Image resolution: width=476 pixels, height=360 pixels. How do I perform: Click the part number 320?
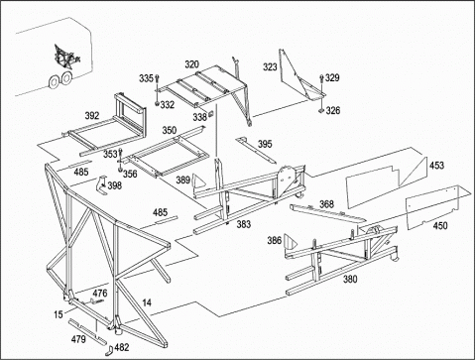191,64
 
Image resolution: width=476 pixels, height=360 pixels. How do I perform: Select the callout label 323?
270,67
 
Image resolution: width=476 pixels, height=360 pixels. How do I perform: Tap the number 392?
92,116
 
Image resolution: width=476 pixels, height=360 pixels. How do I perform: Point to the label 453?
436,165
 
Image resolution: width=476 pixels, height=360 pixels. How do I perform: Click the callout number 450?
440,226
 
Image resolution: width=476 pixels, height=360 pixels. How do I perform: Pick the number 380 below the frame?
350,280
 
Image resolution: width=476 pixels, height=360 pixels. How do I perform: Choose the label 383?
244,224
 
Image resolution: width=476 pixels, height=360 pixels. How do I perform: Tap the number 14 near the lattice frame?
147,302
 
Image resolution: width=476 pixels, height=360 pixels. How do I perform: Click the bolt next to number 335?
157,83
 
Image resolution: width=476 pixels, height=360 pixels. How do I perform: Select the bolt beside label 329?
321,84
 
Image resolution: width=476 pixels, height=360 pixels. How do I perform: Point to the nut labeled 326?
321,111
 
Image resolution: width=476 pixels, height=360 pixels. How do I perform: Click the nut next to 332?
157,104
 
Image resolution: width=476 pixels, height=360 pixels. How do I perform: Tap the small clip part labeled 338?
210,115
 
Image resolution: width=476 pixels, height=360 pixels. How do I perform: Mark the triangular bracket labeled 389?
197,181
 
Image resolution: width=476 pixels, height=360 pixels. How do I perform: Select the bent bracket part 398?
102,186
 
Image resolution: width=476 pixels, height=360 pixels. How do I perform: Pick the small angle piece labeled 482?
110,351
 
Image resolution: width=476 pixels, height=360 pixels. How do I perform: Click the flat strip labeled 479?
87,331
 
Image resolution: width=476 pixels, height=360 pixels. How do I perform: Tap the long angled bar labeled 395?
256,151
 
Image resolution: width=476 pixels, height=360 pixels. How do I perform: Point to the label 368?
326,204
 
